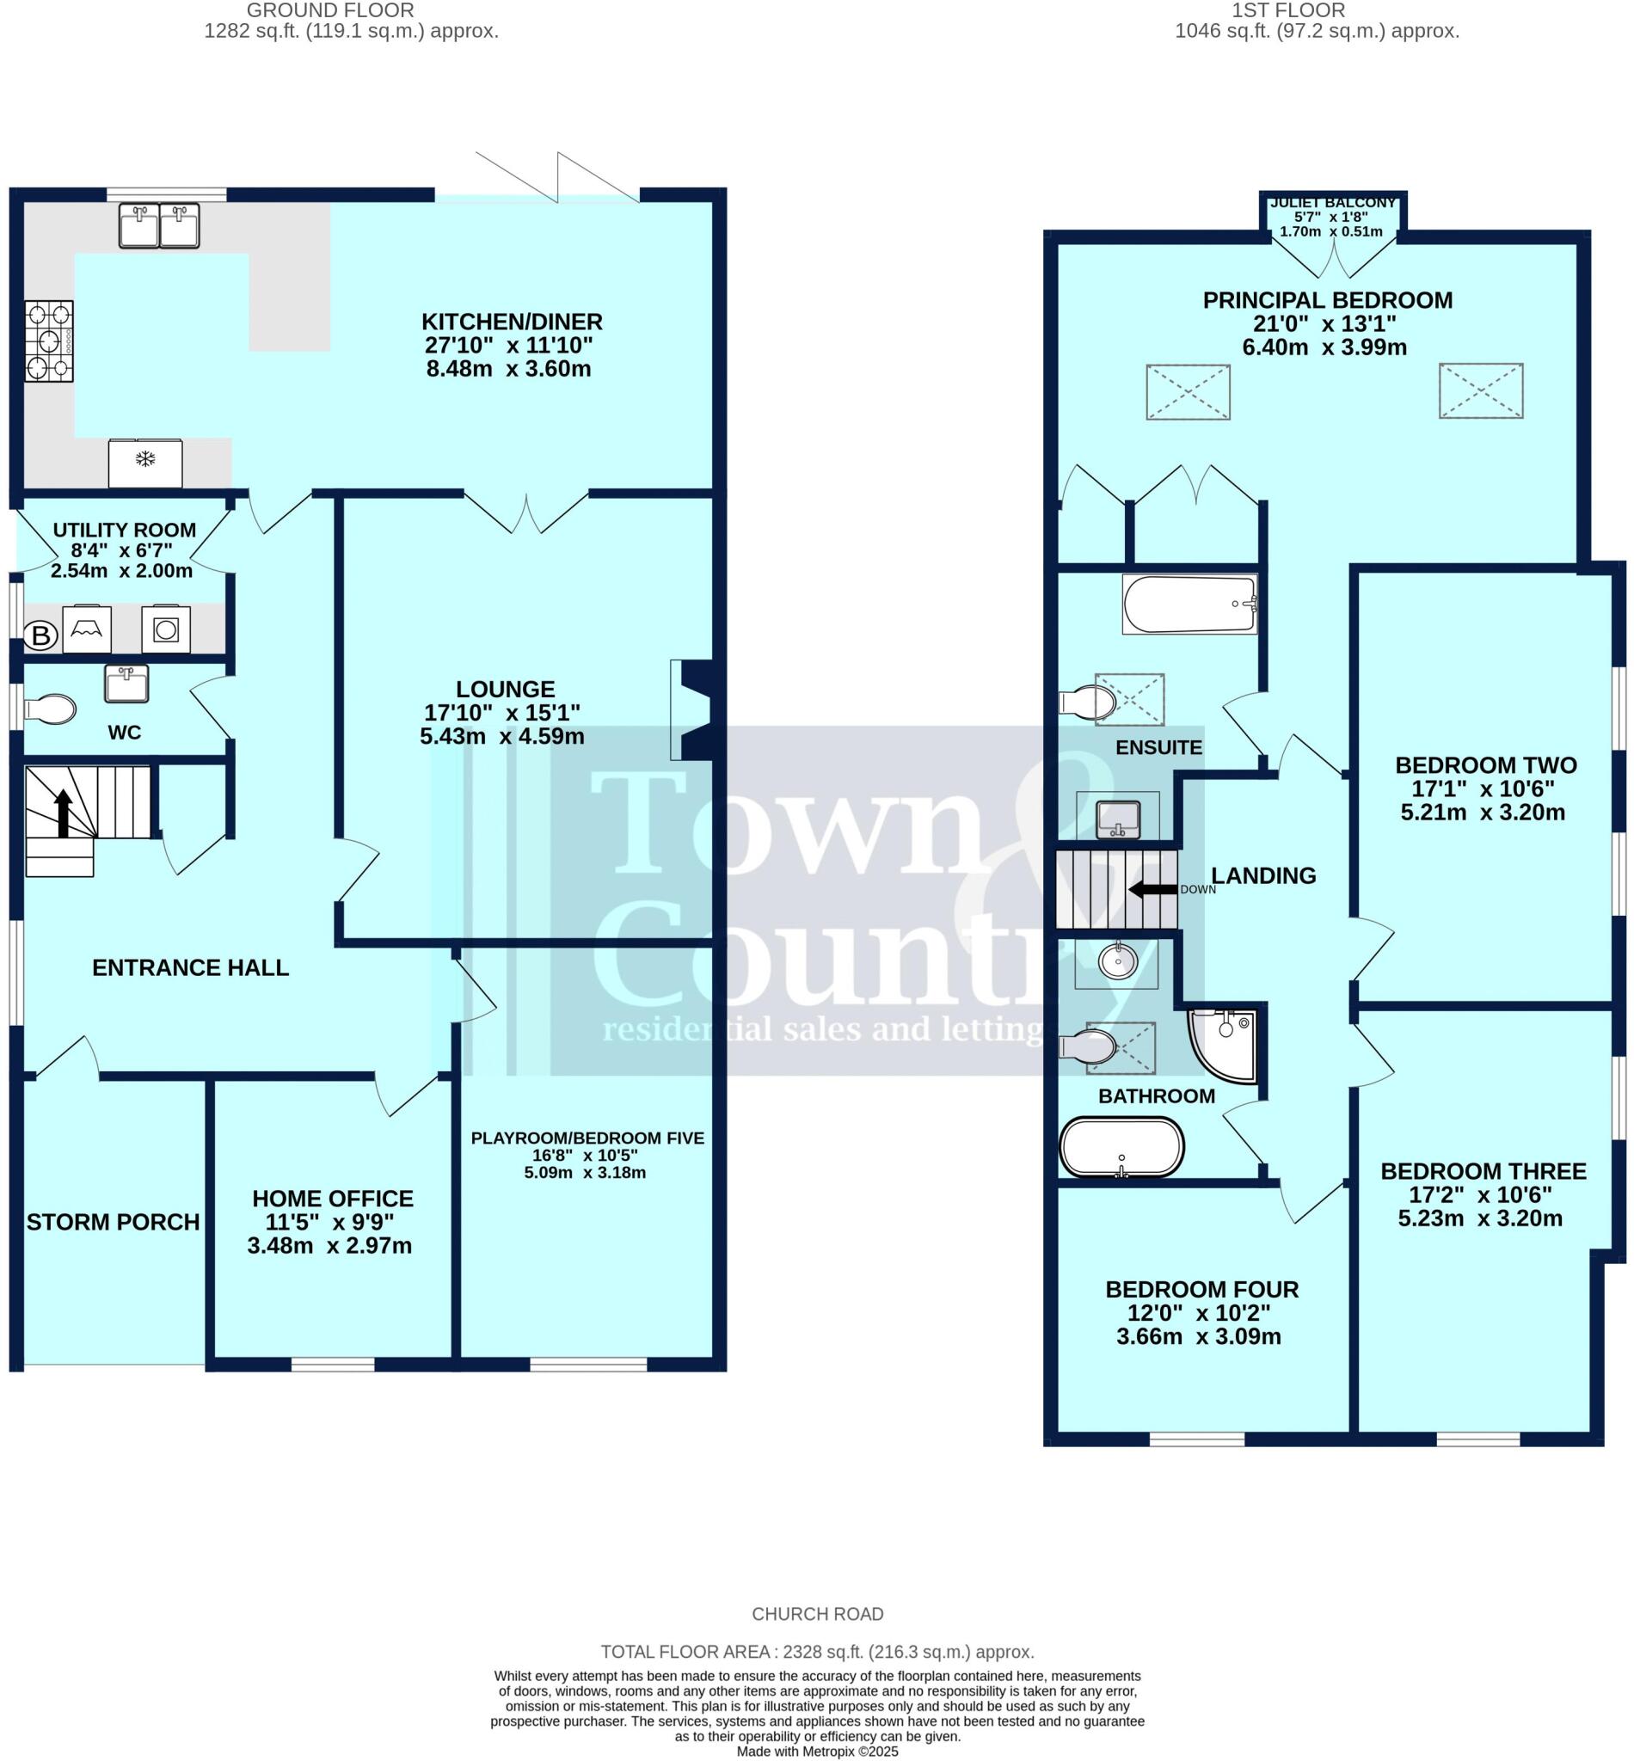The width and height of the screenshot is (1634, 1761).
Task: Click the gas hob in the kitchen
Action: click(49, 341)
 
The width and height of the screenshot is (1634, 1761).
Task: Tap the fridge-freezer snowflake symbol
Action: click(145, 460)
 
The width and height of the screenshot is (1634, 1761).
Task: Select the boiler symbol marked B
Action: click(40, 635)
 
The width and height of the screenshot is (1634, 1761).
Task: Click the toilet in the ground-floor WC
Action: click(50, 709)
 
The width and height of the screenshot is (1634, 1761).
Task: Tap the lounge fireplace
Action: click(691, 710)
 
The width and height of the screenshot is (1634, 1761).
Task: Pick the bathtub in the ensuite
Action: click(1189, 604)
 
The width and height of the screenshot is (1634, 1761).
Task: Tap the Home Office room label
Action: click(333, 1199)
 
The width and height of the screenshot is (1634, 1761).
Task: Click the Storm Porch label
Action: click(113, 1223)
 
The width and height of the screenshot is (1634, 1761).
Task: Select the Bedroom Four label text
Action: click(1201, 1290)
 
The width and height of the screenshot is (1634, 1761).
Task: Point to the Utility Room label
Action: click(124, 531)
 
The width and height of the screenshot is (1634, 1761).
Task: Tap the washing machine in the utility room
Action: click(165, 629)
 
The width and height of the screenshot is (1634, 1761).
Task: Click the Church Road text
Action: click(817, 1614)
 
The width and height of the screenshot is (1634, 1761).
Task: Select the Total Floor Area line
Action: click(817, 1652)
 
